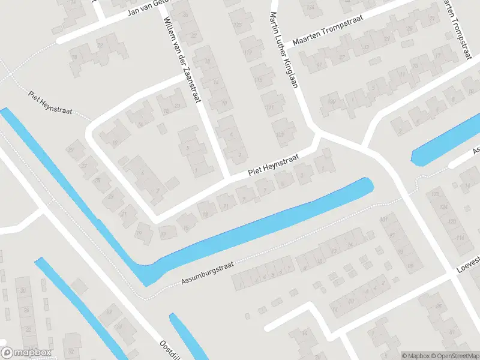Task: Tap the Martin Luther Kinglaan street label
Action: click(284, 49)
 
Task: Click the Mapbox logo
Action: click(27, 353)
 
